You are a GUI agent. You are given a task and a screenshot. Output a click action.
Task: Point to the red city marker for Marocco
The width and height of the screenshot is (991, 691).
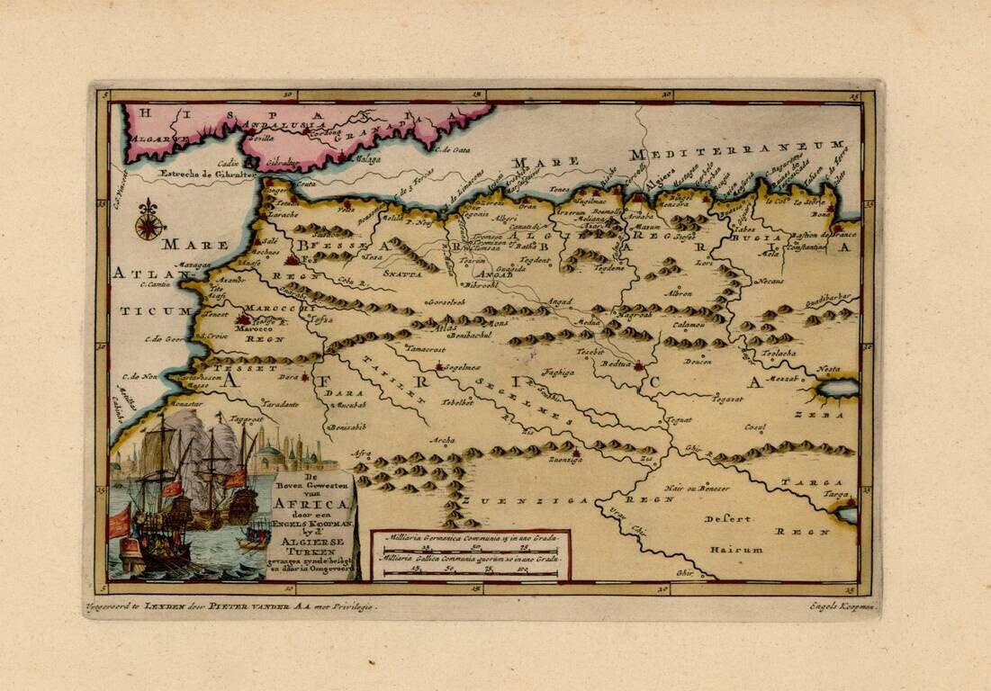click(244, 319)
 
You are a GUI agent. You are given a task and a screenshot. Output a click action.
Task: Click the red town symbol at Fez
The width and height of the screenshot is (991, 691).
click(291, 259)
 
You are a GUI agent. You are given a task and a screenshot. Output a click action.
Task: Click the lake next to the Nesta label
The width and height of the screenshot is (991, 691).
click(838, 388)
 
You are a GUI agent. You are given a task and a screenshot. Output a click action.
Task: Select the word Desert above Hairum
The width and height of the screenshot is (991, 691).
click(728, 519)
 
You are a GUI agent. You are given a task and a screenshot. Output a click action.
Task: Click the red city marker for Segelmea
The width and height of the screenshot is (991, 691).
click(438, 367)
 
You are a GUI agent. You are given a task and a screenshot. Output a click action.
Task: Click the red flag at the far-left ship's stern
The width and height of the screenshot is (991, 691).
click(119, 522)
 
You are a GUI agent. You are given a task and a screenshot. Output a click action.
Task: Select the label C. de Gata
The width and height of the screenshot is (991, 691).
click(453, 150)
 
